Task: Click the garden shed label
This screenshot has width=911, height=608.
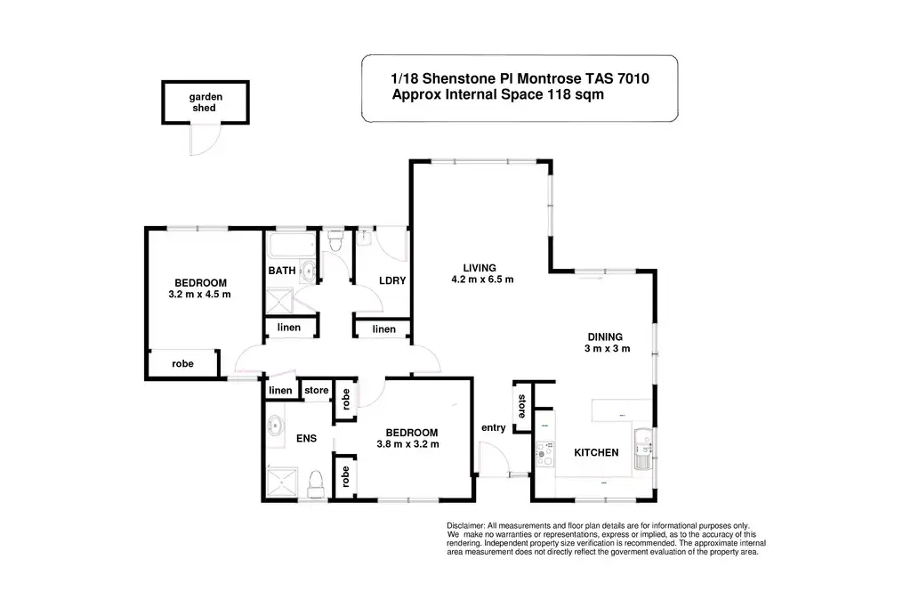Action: pos(205,102)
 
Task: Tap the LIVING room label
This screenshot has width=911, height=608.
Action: pos(478,267)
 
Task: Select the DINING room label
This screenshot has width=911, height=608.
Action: pos(605,336)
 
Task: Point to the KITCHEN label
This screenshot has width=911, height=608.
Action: pos(596,453)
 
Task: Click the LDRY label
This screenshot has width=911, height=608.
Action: pos(392,281)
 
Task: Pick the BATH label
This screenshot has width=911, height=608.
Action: pos(282,271)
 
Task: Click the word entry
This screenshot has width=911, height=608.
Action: pos(493,428)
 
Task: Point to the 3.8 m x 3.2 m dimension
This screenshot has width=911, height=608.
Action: pos(407,444)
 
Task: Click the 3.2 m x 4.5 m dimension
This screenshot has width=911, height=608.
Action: pos(199,294)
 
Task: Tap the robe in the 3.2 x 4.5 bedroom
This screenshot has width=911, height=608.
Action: pos(182,363)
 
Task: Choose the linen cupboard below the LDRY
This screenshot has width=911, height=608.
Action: pos(383,329)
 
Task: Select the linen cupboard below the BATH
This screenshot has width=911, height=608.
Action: pos(288,328)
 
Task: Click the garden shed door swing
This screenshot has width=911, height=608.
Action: pos(204,139)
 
